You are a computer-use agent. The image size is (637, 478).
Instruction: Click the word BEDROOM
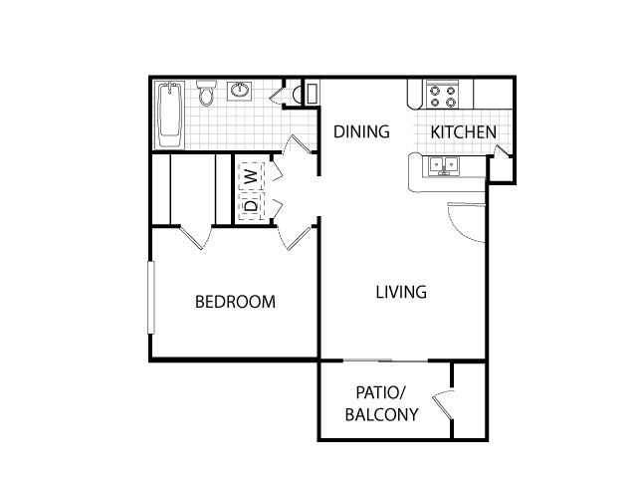(235, 302)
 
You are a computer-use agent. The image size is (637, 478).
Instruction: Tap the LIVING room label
(401, 293)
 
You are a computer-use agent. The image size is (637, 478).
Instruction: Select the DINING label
(360, 131)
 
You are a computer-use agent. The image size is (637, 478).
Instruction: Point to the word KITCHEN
(463, 132)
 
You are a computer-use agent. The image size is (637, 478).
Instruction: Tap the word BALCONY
(380, 414)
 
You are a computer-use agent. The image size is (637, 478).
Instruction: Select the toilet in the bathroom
(207, 95)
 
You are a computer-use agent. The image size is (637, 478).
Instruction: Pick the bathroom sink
(241, 93)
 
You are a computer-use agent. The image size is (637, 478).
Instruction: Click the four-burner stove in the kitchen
(442, 96)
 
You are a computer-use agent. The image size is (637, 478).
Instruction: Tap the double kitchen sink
(441, 166)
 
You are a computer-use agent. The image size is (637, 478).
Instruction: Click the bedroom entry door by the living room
(296, 236)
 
